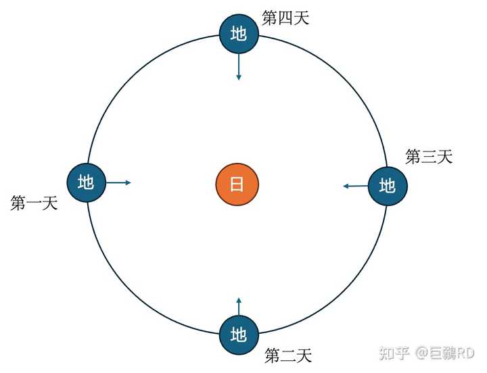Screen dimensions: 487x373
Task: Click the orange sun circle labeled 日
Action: pyautogui.click(x=237, y=184)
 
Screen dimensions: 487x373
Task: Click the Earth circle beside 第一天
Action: pyautogui.click(x=87, y=182)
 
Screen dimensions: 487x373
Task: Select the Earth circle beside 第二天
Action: pyautogui.click(x=238, y=334)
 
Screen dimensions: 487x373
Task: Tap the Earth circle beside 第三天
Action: pyautogui.click(x=388, y=186)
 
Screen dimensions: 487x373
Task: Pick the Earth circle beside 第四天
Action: pyautogui.click(x=239, y=34)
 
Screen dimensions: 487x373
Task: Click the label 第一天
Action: pyautogui.click(x=34, y=203)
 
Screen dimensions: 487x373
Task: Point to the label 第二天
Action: pyautogui.click(x=288, y=355)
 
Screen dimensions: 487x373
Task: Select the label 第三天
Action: pyautogui.click(x=428, y=157)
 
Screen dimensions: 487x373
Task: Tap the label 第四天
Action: pyautogui.click(x=285, y=18)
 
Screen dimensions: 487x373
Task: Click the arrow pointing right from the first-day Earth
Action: pyautogui.click(x=118, y=182)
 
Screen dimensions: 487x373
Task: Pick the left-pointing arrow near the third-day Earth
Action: pyautogui.click(x=355, y=186)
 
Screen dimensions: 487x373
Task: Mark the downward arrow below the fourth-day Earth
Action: pyautogui.click(x=239, y=68)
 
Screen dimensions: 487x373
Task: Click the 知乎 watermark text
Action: pyautogui.click(x=394, y=353)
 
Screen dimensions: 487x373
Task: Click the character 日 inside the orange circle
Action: pyautogui.click(x=237, y=184)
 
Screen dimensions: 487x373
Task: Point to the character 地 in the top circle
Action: pyautogui.click(x=239, y=34)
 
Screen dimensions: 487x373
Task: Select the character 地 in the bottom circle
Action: pyautogui.click(x=238, y=334)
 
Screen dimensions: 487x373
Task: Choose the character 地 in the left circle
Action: pyautogui.click(x=87, y=182)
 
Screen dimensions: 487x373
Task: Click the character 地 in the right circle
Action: pyautogui.click(x=388, y=186)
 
